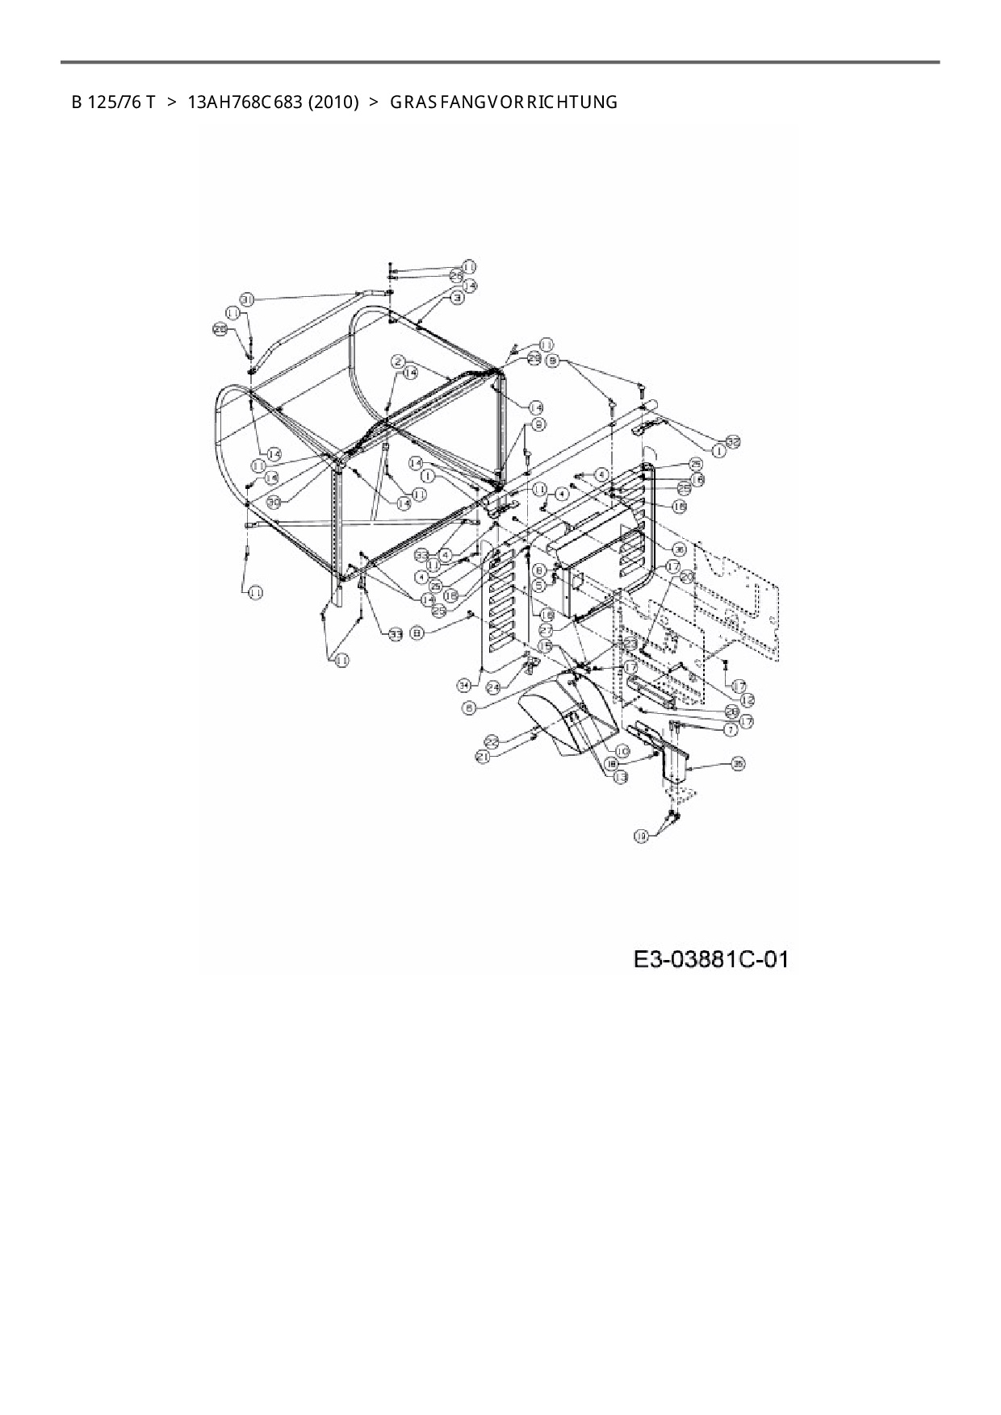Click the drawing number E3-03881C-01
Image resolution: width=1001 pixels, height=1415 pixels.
tap(710, 958)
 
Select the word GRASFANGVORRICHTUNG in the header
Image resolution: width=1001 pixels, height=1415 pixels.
tap(504, 102)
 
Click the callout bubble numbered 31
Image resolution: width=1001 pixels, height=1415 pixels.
tap(247, 299)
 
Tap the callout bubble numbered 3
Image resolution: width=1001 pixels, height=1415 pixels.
tap(457, 298)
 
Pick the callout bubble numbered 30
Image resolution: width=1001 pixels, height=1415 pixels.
tap(274, 501)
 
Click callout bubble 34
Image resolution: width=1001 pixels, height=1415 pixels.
tap(463, 685)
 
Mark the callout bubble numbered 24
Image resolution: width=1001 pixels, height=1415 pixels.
tap(494, 686)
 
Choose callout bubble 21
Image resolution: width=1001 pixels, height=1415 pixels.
tap(483, 757)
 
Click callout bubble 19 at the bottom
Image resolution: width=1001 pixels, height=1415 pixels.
tap(642, 837)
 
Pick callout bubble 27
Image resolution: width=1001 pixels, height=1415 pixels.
tap(547, 628)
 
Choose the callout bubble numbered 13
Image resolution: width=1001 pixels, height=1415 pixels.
tap(620, 777)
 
